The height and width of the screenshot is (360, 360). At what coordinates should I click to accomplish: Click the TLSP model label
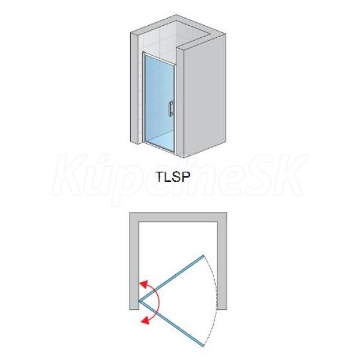click(x=173, y=177)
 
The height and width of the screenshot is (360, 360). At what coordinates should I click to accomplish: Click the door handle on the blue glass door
click(x=170, y=109)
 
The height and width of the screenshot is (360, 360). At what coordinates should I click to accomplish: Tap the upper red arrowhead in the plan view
click(x=143, y=285)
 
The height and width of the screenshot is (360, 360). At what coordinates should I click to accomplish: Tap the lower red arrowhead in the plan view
click(x=145, y=320)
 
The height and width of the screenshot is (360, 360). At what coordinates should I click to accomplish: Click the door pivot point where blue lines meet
click(x=140, y=301)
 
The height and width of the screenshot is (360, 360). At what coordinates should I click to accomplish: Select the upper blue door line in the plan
click(x=172, y=278)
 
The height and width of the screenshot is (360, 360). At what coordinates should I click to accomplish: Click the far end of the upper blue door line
click(x=203, y=256)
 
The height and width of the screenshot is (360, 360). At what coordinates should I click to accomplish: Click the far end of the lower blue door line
click(x=203, y=346)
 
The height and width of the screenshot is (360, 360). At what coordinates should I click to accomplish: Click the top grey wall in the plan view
click(x=178, y=217)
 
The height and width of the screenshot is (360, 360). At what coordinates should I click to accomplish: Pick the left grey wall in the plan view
click(x=134, y=261)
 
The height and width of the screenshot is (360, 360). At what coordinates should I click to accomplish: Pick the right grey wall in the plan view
click(x=222, y=261)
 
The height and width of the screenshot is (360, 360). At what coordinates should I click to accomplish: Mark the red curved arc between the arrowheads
click(x=157, y=301)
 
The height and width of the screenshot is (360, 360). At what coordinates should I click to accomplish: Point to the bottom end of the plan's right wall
click(x=222, y=309)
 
